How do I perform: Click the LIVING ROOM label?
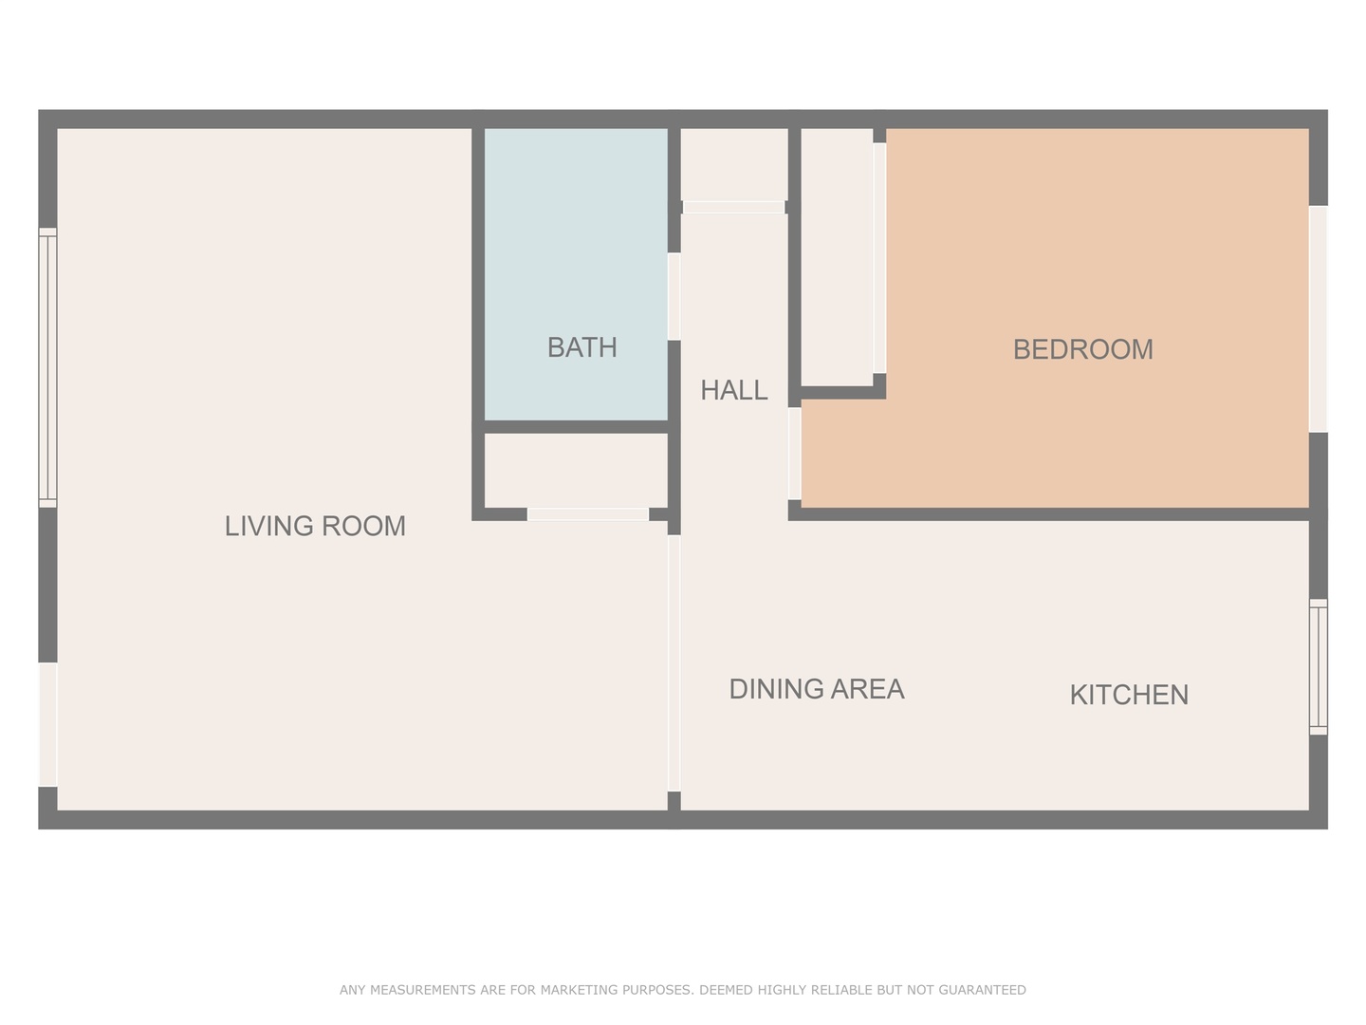[x=315, y=526]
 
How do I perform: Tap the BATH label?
[x=581, y=347]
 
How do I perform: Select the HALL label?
[x=733, y=390]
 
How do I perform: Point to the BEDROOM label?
[x=1082, y=349]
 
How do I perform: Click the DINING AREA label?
[x=816, y=689]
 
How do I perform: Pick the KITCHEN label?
[x=1129, y=695]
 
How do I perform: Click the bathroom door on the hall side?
[x=674, y=296]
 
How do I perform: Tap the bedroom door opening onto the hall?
[x=794, y=453]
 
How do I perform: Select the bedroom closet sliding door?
[x=879, y=258]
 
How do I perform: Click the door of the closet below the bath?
[x=588, y=514]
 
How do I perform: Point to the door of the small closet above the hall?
[x=734, y=207]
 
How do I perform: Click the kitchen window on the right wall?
[x=1318, y=666]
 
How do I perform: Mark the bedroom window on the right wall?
[x=1318, y=319]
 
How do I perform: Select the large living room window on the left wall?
[x=47, y=367]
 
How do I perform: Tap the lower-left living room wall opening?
[x=47, y=724]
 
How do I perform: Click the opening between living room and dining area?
[x=674, y=663]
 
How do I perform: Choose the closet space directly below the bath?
[x=576, y=470]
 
